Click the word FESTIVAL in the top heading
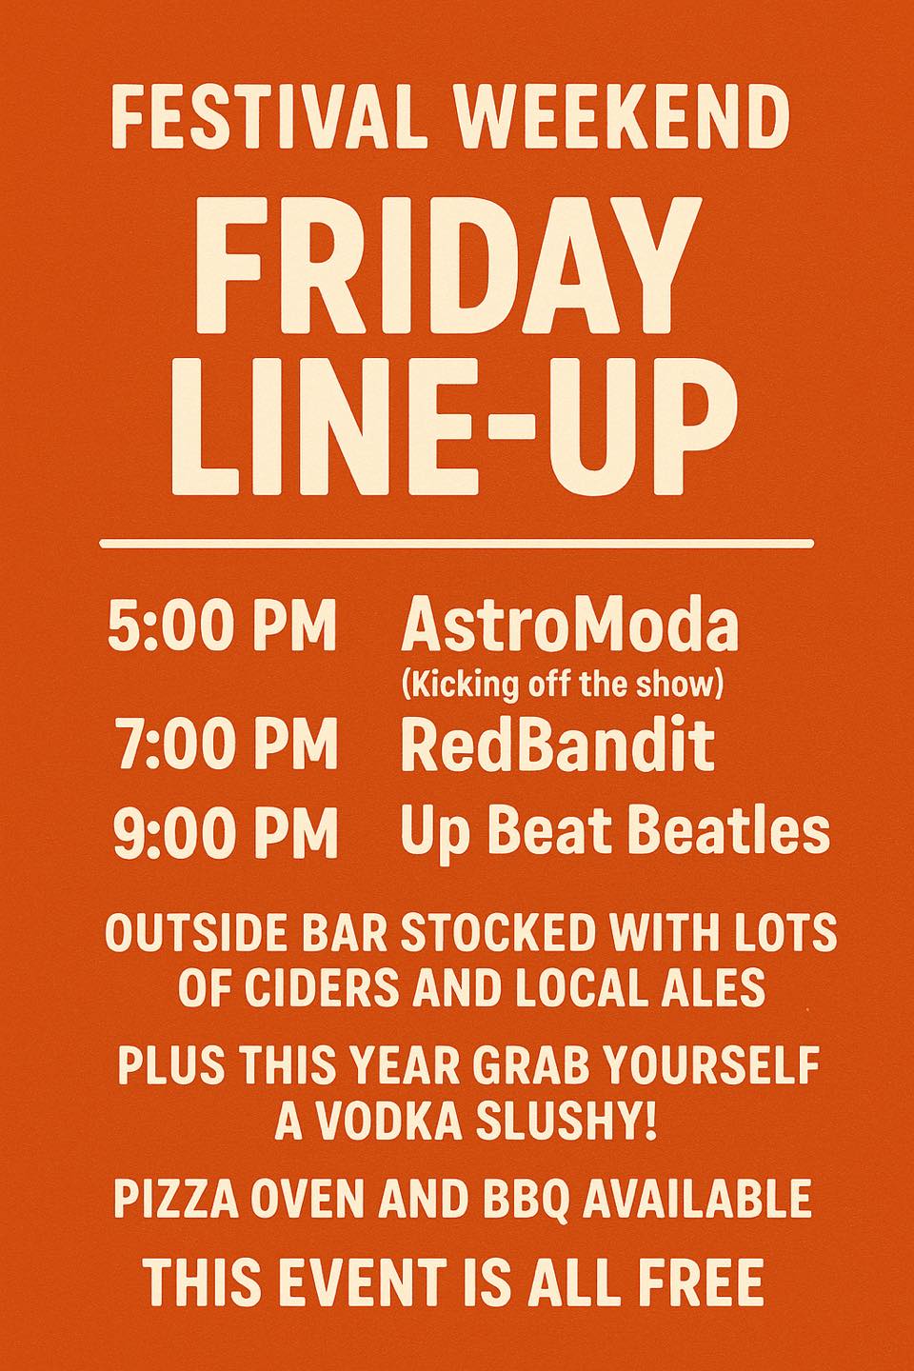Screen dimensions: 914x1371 coord(268,117)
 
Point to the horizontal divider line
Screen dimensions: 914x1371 coord(457,544)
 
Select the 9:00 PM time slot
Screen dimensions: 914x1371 coord(226,832)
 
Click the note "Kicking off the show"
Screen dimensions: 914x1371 coord(563,685)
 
